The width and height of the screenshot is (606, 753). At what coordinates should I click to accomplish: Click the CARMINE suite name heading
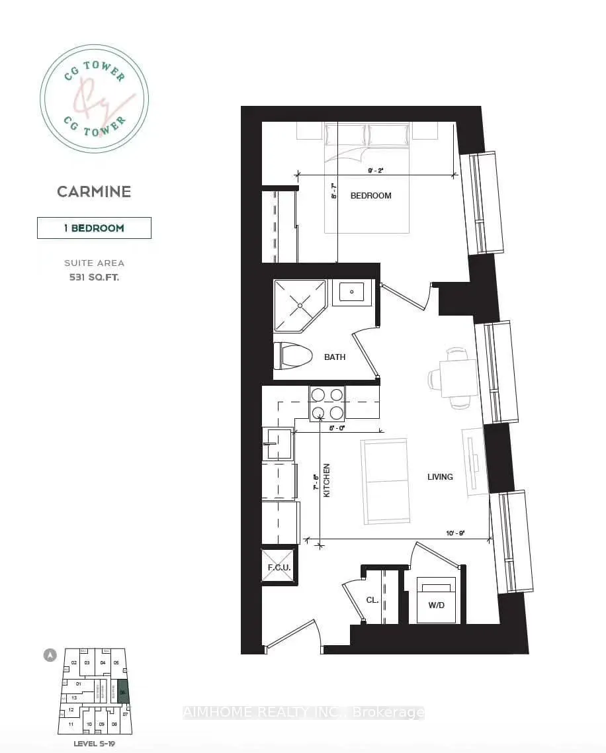(94, 192)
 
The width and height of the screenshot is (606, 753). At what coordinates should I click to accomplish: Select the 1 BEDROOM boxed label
(94, 228)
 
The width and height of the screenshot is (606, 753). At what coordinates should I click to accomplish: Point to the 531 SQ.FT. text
(94, 277)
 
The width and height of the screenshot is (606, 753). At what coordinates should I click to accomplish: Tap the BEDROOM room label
(370, 195)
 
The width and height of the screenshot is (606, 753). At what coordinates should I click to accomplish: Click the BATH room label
(335, 357)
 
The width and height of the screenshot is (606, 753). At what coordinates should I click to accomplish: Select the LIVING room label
(440, 476)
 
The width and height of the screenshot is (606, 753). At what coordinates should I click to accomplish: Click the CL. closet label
(372, 600)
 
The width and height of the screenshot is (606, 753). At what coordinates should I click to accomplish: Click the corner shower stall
(300, 304)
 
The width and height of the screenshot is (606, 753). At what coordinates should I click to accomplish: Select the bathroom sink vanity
(351, 291)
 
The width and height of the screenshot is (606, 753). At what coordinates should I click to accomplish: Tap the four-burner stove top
(327, 403)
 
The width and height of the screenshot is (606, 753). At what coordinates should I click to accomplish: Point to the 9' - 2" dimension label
(375, 171)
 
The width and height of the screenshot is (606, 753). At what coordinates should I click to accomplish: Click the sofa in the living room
(385, 481)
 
